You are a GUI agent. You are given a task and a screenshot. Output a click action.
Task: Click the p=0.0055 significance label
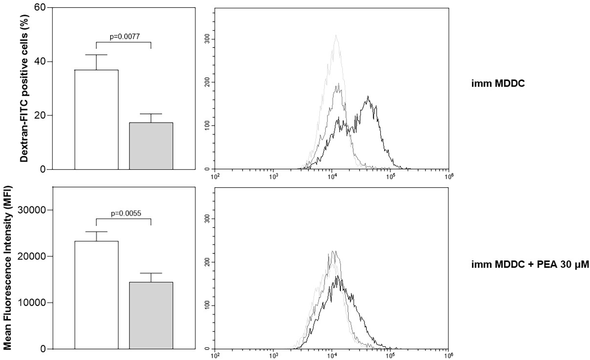click(x=126, y=213)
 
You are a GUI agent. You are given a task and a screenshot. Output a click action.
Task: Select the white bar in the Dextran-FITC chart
click(x=96, y=119)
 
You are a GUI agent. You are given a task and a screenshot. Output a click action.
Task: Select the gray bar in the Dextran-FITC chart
click(x=151, y=146)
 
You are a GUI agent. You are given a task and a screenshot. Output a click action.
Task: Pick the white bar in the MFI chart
click(x=96, y=295)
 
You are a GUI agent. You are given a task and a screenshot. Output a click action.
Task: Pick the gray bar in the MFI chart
click(x=151, y=315)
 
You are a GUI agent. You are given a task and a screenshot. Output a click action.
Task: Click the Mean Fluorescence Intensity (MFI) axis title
click(x=7, y=267)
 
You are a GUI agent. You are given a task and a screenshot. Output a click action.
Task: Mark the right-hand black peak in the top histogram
click(x=367, y=97)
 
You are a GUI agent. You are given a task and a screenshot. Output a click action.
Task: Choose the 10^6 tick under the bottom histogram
click(x=448, y=356)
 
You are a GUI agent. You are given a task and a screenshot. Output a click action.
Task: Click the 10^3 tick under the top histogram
click(x=273, y=176)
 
